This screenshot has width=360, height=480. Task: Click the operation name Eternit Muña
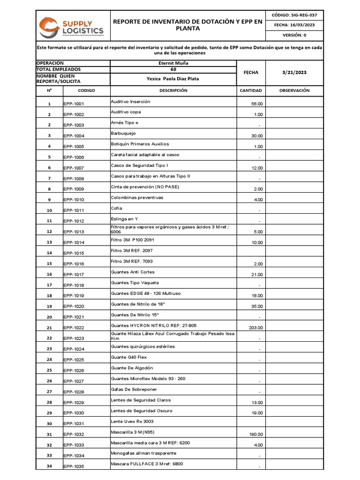click(x=173, y=63)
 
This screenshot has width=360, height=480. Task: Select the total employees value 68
click(x=173, y=69)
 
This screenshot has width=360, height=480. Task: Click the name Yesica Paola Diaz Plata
click(x=173, y=79)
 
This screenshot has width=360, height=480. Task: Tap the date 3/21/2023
click(x=294, y=73)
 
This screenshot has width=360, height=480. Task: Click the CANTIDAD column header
click(x=251, y=90)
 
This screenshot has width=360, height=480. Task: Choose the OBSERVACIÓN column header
click(x=294, y=90)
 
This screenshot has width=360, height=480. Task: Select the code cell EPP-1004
click(x=74, y=136)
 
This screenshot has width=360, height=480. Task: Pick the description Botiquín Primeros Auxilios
click(x=140, y=144)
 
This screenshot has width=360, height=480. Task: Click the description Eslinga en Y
click(x=124, y=219)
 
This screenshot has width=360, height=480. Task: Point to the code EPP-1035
click(x=74, y=466)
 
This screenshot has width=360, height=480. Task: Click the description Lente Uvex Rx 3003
click(x=132, y=421)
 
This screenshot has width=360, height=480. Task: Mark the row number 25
click(x=49, y=370)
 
